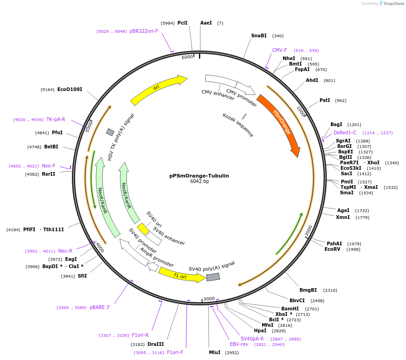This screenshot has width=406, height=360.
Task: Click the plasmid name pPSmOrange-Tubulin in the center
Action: click(199, 175)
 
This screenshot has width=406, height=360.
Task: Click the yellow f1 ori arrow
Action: click(181, 275)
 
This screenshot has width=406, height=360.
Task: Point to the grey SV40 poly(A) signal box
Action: click(213, 277)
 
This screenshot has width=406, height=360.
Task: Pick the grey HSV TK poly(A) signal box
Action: click(110, 132)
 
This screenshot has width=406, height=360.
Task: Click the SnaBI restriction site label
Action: click(259, 35)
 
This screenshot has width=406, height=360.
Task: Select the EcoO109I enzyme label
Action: click(70, 89)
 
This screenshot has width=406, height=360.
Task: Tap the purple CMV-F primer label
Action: click(279, 50)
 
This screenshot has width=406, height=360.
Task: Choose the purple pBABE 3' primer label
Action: click(100, 308)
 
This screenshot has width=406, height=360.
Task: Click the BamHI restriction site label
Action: click(290, 309)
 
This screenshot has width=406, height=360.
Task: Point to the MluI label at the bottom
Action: click(214, 352)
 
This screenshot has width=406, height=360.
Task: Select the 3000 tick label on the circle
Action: click(209, 299)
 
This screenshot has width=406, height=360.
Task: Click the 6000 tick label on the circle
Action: click(188, 57)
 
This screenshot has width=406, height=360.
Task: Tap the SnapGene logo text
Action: click(394, 4)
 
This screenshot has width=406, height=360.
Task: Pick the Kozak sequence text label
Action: click(238, 125)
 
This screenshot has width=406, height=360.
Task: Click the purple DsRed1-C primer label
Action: click(345, 132)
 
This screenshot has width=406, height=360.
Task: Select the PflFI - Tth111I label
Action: click(43, 229)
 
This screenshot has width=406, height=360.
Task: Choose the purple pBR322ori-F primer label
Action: click(144, 31)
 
